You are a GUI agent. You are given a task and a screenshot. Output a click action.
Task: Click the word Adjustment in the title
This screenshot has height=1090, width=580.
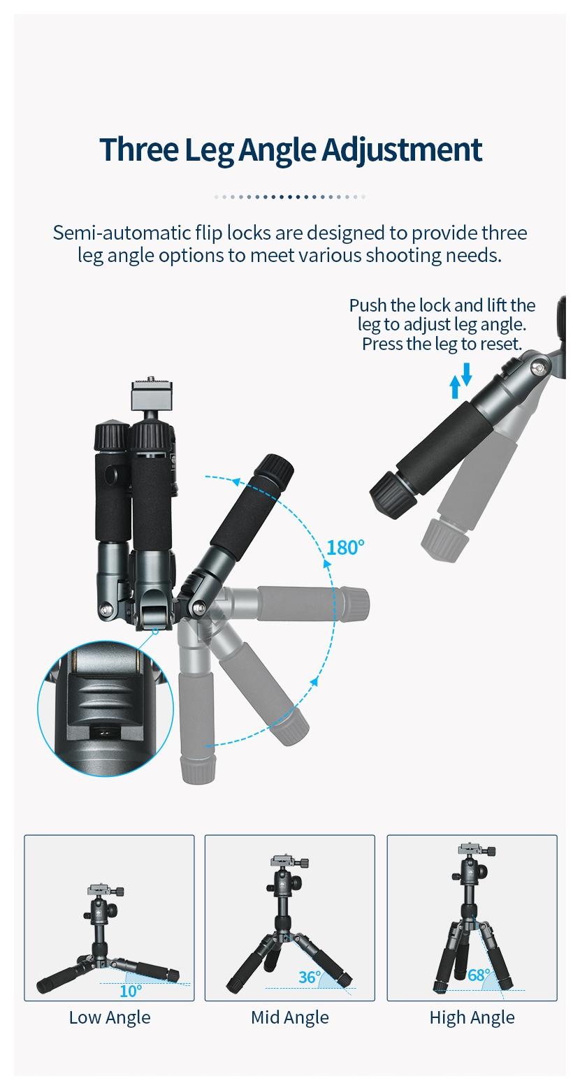coord(403,150)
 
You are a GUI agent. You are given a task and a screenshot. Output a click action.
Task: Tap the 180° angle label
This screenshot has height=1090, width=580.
coord(345,547)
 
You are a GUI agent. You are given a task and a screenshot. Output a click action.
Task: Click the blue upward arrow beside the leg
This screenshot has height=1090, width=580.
coord(455,388)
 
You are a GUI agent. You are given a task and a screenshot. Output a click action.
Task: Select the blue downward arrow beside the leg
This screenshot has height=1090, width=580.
coord(467,373)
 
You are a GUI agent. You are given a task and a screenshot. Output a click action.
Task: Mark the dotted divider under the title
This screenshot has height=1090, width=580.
coord(289,197)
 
